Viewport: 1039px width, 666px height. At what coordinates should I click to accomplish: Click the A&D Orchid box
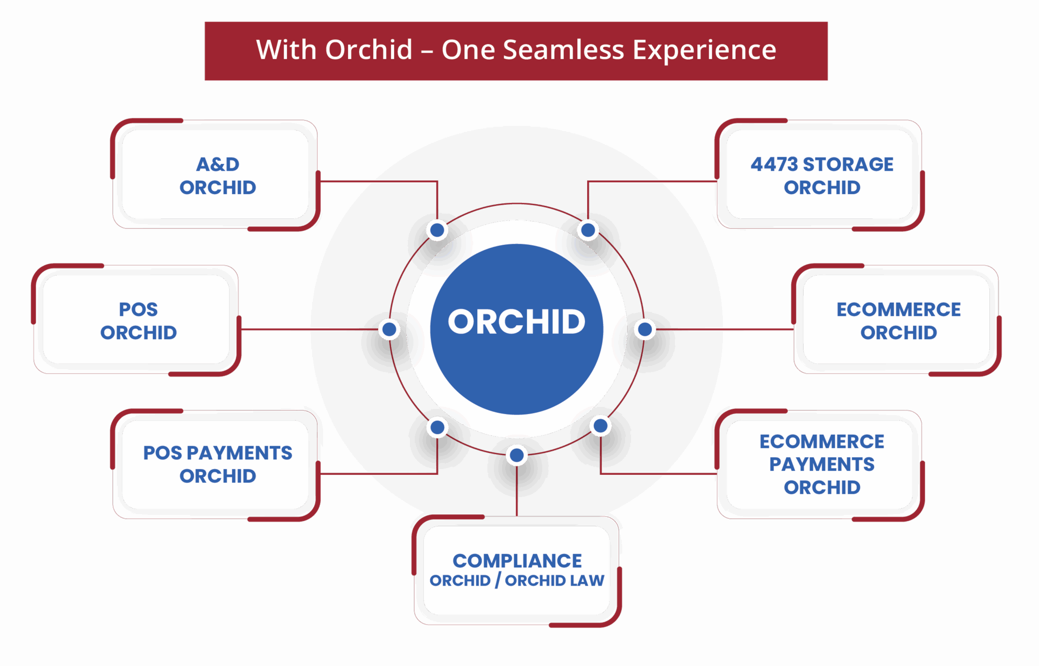(x=215, y=174)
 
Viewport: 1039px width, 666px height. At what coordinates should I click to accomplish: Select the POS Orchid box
(x=136, y=320)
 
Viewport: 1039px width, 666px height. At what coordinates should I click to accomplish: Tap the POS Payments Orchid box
(x=215, y=465)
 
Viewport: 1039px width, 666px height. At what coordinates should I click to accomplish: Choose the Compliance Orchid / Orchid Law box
(x=517, y=571)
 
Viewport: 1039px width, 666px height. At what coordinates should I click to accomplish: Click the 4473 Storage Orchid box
(x=819, y=174)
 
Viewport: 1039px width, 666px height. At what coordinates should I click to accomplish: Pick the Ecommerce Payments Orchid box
(x=819, y=465)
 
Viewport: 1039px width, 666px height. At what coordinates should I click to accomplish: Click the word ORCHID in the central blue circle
(x=517, y=322)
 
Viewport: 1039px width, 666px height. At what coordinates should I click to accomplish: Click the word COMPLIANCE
(x=517, y=561)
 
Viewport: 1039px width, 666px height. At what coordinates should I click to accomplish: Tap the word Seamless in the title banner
(x=564, y=50)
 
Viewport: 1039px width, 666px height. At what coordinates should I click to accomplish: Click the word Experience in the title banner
(x=705, y=50)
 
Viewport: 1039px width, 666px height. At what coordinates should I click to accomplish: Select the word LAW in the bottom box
(x=587, y=580)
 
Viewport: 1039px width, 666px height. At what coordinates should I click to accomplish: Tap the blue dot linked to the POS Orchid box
(x=389, y=329)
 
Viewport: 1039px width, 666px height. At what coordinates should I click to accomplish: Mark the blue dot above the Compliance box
(x=517, y=455)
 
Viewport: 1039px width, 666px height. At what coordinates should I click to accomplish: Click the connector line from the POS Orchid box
(x=309, y=329)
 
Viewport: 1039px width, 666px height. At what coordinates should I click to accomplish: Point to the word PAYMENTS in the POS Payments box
(x=239, y=453)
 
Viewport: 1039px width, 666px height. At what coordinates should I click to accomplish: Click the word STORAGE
(x=848, y=164)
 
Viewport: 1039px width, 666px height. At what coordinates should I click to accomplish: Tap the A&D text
(x=218, y=164)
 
